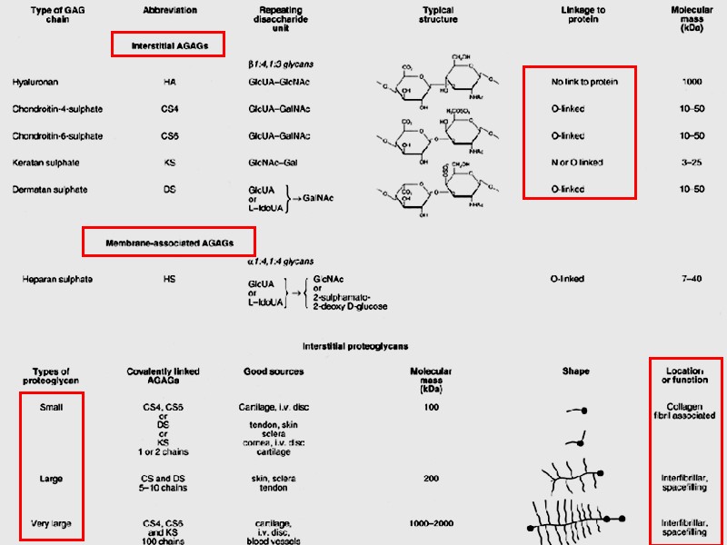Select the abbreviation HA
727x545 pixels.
tap(169, 82)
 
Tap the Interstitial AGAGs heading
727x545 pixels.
tap(168, 44)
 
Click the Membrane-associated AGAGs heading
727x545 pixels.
tap(169, 242)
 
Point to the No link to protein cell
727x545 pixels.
tap(584, 82)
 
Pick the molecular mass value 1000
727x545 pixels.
tap(691, 82)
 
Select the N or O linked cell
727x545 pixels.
tap(576, 163)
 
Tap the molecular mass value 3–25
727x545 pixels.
tap(692, 163)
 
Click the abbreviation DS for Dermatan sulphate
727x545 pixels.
tap(169, 189)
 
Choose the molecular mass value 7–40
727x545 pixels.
tap(692, 279)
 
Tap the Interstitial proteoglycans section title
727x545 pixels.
tap(354, 346)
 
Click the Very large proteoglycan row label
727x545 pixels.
tap(51, 524)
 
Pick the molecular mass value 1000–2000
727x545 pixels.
tap(432, 524)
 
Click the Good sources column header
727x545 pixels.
tap(274, 372)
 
